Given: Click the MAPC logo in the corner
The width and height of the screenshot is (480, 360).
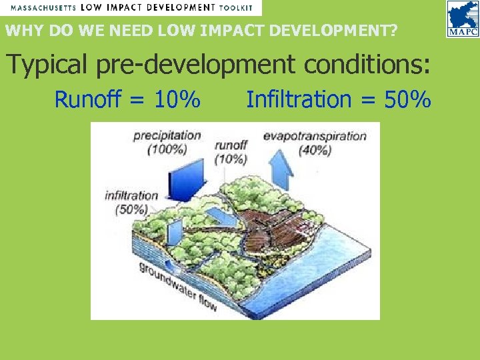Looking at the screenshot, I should tap(461, 19).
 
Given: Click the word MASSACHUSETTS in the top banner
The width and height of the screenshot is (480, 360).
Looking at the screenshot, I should tap(43, 7).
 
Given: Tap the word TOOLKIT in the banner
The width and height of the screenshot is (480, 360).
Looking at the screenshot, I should tap(238, 7).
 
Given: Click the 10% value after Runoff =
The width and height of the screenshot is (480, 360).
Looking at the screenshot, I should tap(177, 100).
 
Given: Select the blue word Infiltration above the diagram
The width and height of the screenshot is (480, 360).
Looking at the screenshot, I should tap(298, 100).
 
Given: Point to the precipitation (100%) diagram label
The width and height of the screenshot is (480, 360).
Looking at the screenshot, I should tap(167, 142).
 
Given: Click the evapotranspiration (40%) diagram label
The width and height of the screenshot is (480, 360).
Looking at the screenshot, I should tap(315, 143).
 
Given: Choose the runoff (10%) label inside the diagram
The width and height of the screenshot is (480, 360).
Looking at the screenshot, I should tap(231, 151).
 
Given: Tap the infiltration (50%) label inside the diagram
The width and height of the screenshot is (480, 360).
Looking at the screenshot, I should tap(131, 202).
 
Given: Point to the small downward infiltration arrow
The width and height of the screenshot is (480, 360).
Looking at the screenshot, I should tap(171, 233).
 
